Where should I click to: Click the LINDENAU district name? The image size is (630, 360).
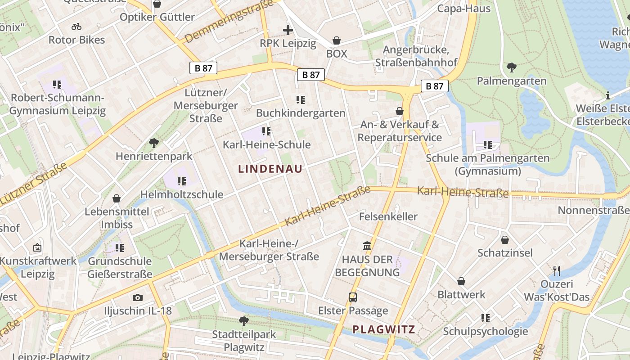click(270, 169)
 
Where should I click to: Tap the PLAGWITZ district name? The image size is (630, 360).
click(383, 329)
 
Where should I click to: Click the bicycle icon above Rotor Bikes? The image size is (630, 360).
click(76, 27)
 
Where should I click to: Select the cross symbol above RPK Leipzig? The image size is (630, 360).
click(288, 31)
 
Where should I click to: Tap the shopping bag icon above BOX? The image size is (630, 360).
click(337, 41)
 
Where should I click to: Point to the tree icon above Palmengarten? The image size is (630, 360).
click(511, 68)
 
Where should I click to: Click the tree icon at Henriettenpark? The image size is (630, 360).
click(154, 143)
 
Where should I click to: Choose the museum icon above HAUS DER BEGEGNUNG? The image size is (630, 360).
click(367, 246)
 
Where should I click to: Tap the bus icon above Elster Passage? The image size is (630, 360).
click(353, 297)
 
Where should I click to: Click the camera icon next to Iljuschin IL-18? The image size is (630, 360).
click(138, 297)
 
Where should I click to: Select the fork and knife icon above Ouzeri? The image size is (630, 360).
click(557, 270)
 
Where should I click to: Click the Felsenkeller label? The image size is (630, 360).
click(388, 216)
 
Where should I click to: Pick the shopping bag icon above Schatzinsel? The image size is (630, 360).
click(505, 240)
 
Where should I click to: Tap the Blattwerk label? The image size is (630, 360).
click(461, 295)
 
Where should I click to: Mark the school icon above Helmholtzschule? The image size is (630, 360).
click(182, 181)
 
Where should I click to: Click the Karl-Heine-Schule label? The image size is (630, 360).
click(267, 144)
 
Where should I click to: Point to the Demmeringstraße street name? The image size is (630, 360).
click(229, 21)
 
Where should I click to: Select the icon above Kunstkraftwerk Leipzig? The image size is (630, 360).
click(37, 247)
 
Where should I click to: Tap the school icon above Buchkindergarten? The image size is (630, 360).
click(301, 100)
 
